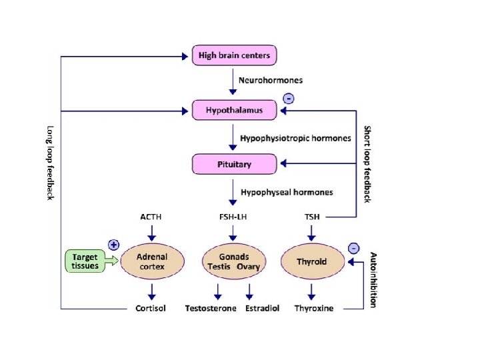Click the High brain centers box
pyautogui.click(x=234, y=55)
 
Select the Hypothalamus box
pyautogui.click(x=234, y=110)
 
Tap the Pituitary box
pyautogui.click(x=234, y=164)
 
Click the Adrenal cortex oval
pyautogui.click(x=152, y=261)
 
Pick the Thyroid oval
pyautogui.click(x=312, y=261)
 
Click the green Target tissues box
pyautogui.click(x=85, y=261)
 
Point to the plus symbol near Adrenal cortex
pyautogui.click(x=113, y=245)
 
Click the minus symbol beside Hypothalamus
pyautogui.click(x=289, y=99)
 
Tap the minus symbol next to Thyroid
pyautogui.click(x=354, y=248)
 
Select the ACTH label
pyautogui.click(x=151, y=217)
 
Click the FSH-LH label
pyautogui.click(x=233, y=217)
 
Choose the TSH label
pyautogui.click(x=312, y=217)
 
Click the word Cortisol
pyautogui.click(x=151, y=308)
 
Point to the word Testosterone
pyautogui.click(x=211, y=308)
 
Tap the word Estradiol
pyautogui.click(x=263, y=308)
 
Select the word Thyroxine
pyautogui.click(x=314, y=308)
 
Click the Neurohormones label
pyautogui.click(x=271, y=80)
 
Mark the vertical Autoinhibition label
pyautogui.click(x=373, y=280)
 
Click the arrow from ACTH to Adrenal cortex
pyautogui.click(x=152, y=233)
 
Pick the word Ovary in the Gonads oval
pyautogui.click(x=248, y=267)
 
